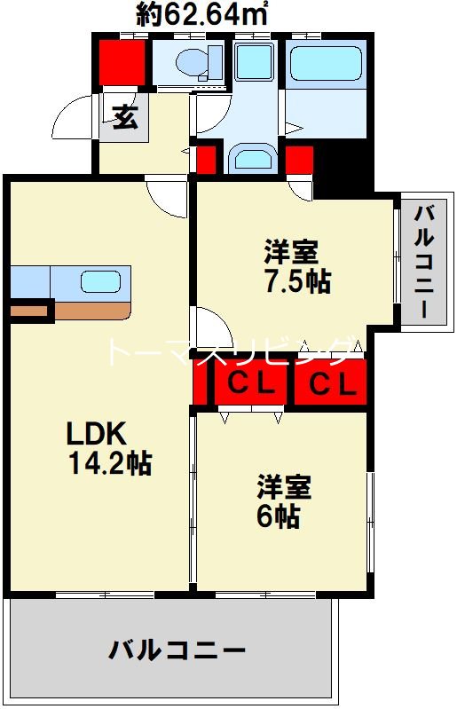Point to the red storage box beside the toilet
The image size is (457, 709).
click(122, 60)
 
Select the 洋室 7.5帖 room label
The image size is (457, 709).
click(296, 266)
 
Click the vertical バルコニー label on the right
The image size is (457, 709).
click(425, 262)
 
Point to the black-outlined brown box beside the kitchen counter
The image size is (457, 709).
click(28, 311)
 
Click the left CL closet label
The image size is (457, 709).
click(248, 384)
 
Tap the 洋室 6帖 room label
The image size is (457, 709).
click(284, 501)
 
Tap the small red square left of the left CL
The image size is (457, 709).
click(200, 384)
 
